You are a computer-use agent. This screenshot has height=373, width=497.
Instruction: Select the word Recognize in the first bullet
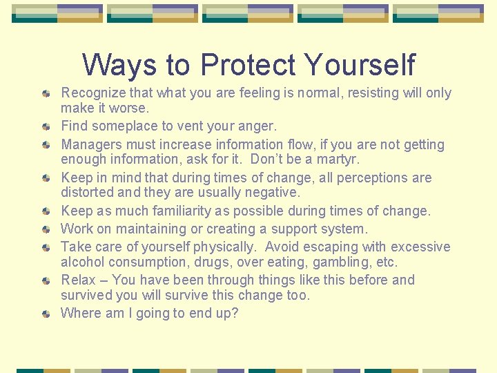(92, 93)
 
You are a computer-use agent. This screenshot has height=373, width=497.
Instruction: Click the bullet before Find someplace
(46, 126)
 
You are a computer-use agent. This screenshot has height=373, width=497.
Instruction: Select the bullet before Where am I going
(46, 314)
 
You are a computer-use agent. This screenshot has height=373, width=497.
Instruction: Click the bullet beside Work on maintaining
(46, 229)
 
